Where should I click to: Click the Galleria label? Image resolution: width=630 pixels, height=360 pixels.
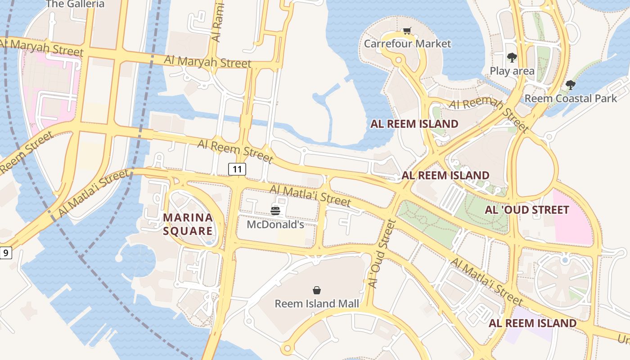(75, 4)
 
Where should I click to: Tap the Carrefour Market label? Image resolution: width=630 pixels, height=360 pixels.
(407, 44)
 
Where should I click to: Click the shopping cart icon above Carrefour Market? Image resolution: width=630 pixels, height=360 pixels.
(407, 31)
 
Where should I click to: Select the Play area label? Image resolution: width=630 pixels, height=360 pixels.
(512, 71)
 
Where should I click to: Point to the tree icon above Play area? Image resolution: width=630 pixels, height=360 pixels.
(512, 57)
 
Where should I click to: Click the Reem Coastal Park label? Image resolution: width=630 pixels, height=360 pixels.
(571, 98)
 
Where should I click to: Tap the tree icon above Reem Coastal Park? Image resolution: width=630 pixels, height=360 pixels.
(570, 85)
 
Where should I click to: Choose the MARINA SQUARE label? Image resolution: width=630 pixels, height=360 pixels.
(188, 224)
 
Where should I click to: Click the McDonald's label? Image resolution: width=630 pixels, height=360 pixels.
(275, 224)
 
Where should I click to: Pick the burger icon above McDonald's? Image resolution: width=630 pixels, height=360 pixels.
(275, 211)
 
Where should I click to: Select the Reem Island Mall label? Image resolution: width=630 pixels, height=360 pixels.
(317, 304)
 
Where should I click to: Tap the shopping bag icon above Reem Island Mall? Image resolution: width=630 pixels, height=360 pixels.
(317, 290)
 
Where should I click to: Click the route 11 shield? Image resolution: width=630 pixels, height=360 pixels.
(237, 169)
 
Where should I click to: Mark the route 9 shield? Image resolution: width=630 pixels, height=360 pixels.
(5, 253)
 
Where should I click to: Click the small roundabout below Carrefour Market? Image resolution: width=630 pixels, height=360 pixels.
(398, 60)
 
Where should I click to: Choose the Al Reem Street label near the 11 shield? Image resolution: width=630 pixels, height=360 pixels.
(235, 151)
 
